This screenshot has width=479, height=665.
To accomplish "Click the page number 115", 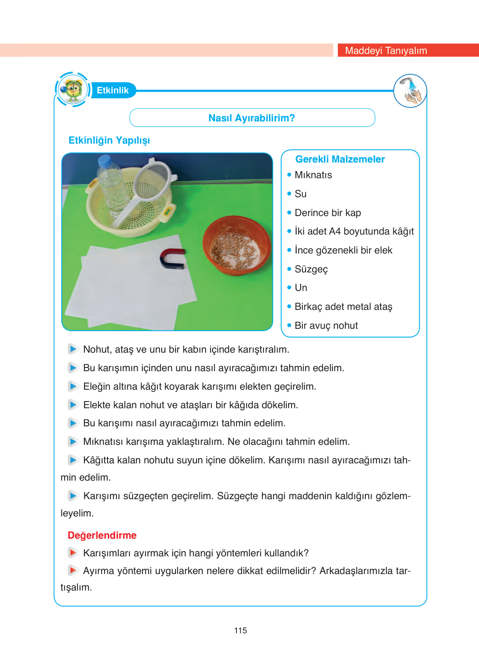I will tap(240, 630).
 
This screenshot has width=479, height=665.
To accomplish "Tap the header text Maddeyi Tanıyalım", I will tap(386, 51).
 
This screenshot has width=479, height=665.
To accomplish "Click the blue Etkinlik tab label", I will tap(112, 91).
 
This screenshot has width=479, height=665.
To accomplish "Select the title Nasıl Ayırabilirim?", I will tap(251, 118).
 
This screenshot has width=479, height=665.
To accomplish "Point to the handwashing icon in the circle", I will tap(410, 91).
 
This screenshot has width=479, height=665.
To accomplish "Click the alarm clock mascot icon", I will tap(72, 89).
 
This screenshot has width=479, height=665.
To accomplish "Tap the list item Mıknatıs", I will tap(313, 175).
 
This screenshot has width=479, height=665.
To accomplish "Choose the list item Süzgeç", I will tap(311, 269).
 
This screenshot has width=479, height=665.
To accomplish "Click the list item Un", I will tap(301, 288).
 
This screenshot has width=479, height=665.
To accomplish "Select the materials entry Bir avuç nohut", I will tap(326, 326).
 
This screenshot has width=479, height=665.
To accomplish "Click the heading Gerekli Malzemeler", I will tap(340, 159).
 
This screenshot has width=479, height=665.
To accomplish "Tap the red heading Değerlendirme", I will tap(102, 535).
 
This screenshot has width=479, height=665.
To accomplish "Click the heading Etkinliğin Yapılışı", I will tap(109, 140).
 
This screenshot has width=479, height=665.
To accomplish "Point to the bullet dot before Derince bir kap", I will tap(289, 213).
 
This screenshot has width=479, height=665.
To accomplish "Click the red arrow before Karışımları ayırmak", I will tap(73, 553).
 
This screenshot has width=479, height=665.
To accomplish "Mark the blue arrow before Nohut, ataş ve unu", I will tap(73, 349).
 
